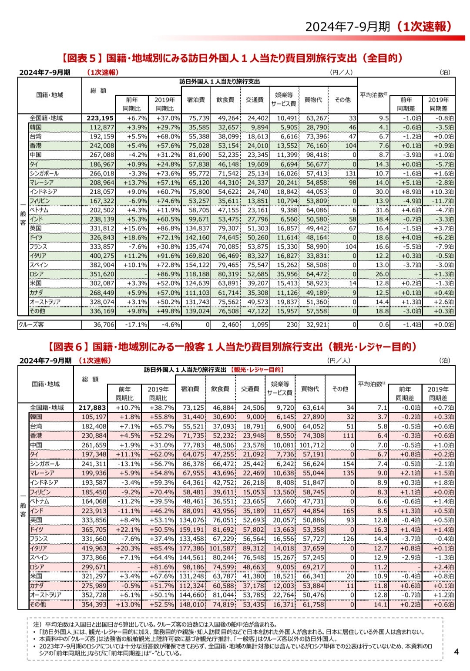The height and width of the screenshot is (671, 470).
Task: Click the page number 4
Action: click(x=457, y=652)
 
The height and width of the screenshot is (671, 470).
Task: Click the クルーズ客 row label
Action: click(x=31, y=324)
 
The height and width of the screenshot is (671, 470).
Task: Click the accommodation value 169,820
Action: click(x=198, y=256)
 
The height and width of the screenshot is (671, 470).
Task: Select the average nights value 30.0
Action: click(x=382, y=192)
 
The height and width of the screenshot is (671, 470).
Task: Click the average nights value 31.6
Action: click(x=382, y=210)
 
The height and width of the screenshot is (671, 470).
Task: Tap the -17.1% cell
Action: click(x=136, y=325)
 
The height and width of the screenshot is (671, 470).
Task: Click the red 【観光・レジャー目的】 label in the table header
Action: click(x=257, y=370)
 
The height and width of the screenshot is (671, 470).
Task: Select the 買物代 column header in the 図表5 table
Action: click(x=313, y=100)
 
